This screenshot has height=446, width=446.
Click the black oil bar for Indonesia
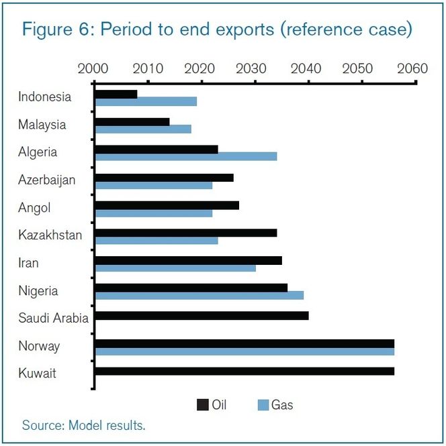[x=116, y=95]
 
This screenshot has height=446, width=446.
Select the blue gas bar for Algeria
[x=186, y=156]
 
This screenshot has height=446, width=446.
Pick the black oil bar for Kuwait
[x=244, y=371]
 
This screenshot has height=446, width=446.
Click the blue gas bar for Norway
[x=244, y=351]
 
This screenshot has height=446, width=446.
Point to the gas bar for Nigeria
[x=199, y=295]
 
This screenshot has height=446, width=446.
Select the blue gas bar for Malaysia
[x=143, y=129]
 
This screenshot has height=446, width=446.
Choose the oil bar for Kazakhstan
[x=186, y=233]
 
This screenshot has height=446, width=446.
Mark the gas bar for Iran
[x=175, y=268]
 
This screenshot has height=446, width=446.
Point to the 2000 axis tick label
[x=93, y=68]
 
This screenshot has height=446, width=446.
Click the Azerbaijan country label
[x=46, y=180]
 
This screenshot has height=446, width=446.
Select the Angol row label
[x=34, y=208]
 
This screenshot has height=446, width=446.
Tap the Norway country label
[x=39, y=346]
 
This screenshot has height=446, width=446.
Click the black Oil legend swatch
[x=202, y=404]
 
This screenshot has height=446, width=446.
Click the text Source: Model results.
[x=83, y=425]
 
